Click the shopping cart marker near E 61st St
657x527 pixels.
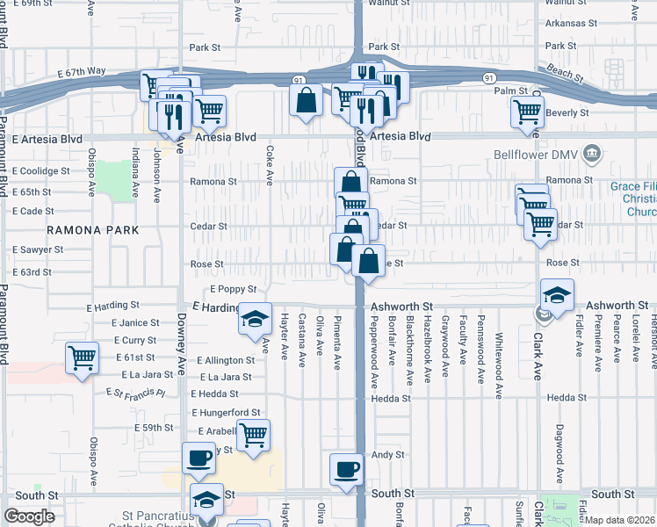point(82,358)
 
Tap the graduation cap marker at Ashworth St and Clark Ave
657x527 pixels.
point(557,296)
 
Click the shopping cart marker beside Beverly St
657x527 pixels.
point(527,112)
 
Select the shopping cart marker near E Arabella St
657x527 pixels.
point(253,434)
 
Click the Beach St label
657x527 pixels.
point(563,69)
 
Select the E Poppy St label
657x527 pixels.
point(233,289)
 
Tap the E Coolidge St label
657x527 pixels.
point(41,170)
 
